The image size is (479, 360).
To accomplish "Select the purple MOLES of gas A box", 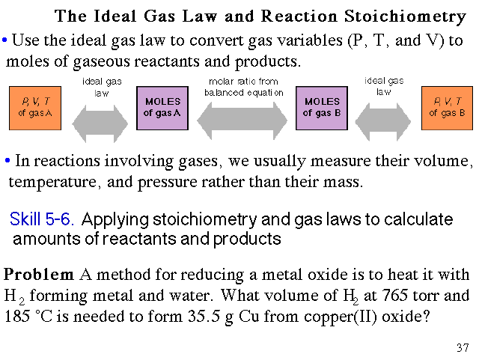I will pos(162,108).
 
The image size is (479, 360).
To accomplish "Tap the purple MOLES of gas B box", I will pos(322,108).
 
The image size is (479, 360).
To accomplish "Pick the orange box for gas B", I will pos(447,108).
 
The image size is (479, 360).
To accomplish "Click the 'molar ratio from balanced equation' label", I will pos(244,87).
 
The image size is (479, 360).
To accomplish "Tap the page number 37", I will pos(462,348).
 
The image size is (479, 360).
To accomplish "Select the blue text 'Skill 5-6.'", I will pos(41,220).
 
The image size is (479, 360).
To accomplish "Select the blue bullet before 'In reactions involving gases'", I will pos(7,161).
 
